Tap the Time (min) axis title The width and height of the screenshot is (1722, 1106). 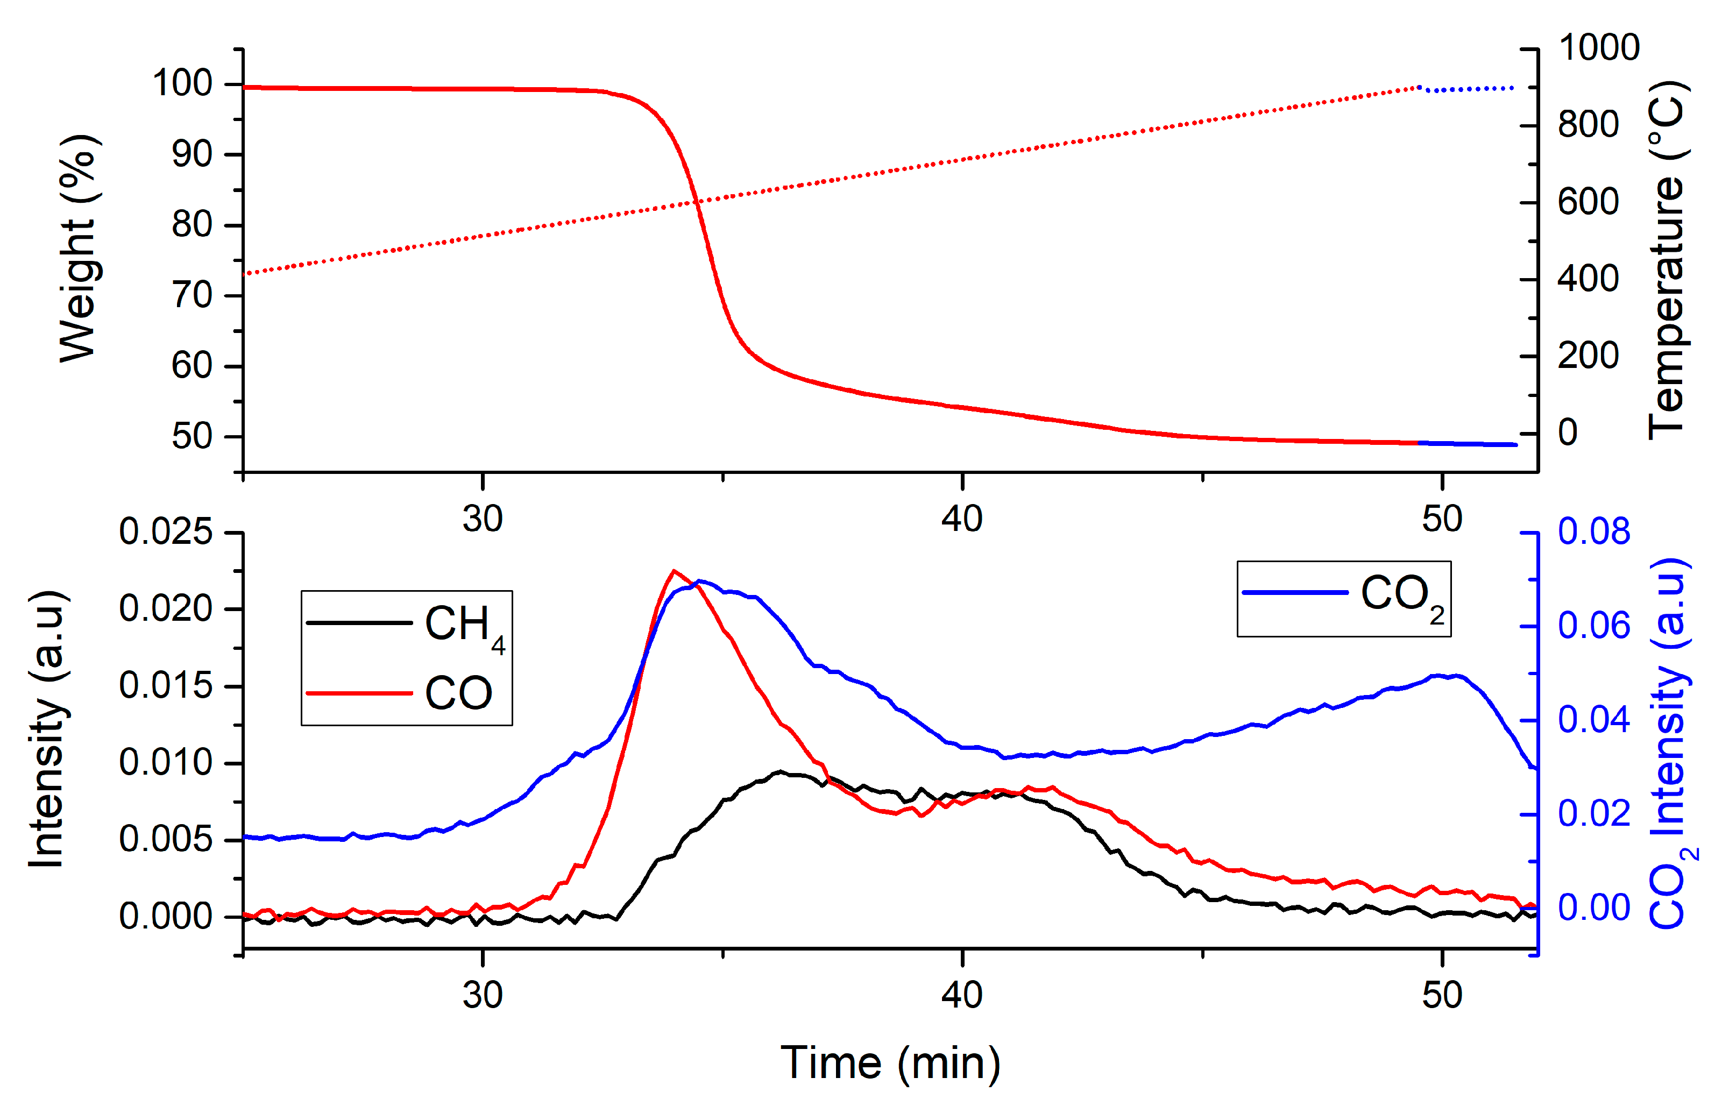point(890,1062)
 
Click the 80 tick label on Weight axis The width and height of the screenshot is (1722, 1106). point(192,225)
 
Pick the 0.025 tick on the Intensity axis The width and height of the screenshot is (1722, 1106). point(166,532)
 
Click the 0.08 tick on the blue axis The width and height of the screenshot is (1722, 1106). point(1593,531)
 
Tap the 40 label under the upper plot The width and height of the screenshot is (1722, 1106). point(961,519)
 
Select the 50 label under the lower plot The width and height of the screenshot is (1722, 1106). point(1441,995)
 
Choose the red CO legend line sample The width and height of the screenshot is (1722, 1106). point(359,693)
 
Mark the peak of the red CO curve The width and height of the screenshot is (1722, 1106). point(673,571)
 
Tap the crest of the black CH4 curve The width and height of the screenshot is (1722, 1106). point(780,772)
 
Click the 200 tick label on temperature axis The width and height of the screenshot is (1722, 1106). point(1588,356)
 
